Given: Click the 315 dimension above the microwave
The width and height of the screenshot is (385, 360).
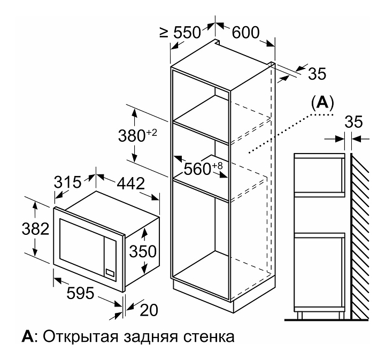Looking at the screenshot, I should pyautogui.click(x=67, y=182).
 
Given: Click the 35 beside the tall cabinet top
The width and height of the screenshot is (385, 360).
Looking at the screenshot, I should pyautogui.click(x=317, y=73).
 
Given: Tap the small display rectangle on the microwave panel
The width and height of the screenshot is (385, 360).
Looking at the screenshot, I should pyautogui.click(x=110, y=272).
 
